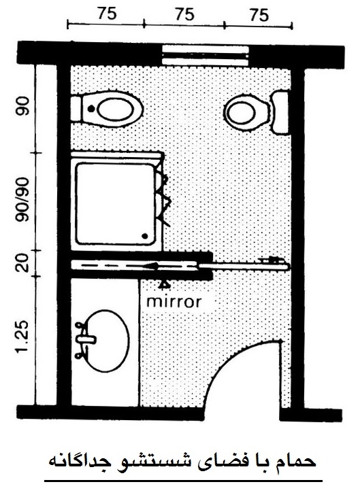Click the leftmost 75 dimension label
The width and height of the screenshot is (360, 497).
click(x=108, y=14)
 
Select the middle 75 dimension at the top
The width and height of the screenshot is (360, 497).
click(x=184, y=14)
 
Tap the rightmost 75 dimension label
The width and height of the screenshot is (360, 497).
click(x=259, y=15)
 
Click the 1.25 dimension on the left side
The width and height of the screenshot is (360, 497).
click(x=22, y=339)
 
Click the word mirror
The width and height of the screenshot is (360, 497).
click(x=174, y=301)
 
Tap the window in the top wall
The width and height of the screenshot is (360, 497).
click(x=206, y=56)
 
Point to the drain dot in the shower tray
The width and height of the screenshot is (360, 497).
click(x=145, y=236)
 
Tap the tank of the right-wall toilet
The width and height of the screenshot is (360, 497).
click(x=280, y=112)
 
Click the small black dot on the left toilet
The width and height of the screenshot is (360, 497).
click(x=91, y=108)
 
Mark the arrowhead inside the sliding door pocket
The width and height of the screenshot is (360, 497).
click(x=153, y=266)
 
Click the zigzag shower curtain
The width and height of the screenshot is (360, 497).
click(x=163, y=196)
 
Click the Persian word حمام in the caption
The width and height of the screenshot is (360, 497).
click(x=297, y=462)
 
